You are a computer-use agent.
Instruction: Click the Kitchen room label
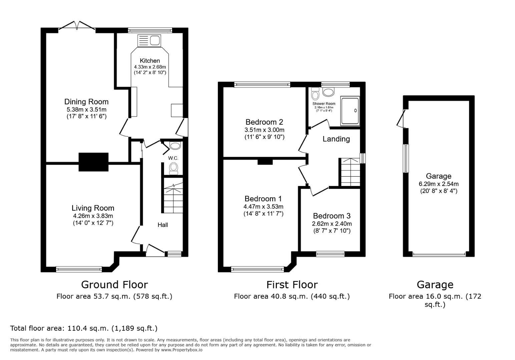150,61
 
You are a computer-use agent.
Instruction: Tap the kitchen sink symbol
149,41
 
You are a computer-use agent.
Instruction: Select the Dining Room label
86,102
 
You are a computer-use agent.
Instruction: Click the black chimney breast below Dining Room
93,162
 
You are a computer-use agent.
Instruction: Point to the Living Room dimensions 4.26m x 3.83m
93,216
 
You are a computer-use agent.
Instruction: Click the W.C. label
173,158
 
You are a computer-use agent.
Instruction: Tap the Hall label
163,225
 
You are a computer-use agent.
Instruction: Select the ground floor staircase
173,197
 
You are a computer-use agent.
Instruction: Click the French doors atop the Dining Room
77,27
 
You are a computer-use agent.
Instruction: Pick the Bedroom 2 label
264,122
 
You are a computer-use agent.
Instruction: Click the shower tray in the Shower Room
350,111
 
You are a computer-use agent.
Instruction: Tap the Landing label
336,139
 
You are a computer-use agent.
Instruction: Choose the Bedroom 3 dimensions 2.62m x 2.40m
332,224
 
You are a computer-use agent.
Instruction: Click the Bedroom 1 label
263,199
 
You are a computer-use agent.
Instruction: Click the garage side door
401,118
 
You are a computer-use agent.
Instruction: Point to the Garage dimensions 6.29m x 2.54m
439,184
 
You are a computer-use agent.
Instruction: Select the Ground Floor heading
114,285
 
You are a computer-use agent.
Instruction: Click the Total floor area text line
84,328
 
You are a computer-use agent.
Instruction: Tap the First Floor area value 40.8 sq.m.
292,296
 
